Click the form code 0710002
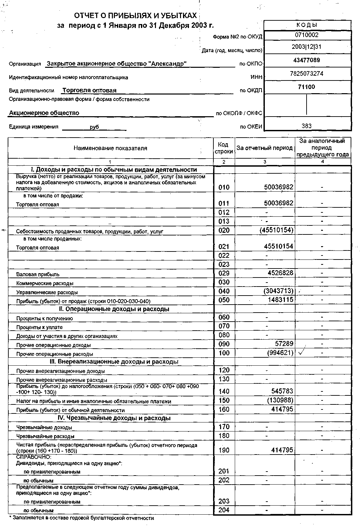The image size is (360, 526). [307, 35]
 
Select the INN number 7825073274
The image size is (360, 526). [307, 73]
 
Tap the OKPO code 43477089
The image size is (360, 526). [307, 60]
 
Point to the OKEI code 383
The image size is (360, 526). [307, 126]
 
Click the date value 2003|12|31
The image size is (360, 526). [307, 47]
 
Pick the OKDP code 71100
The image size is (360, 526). [307, 87]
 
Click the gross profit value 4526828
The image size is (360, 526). [281, 273]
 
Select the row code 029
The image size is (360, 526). [224, 273]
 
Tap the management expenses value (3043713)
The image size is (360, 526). [278, 291]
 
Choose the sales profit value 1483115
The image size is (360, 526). [281, 300]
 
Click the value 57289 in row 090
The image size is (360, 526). [284, 344]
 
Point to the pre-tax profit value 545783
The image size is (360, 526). [283, 391]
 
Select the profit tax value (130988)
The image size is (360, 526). [280, 400]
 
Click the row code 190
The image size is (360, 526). [224, 450]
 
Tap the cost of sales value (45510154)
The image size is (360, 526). [277, 230]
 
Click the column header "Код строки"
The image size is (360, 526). [224, 148]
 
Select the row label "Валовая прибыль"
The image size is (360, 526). [38, 275]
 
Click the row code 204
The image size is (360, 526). [224, 510]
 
